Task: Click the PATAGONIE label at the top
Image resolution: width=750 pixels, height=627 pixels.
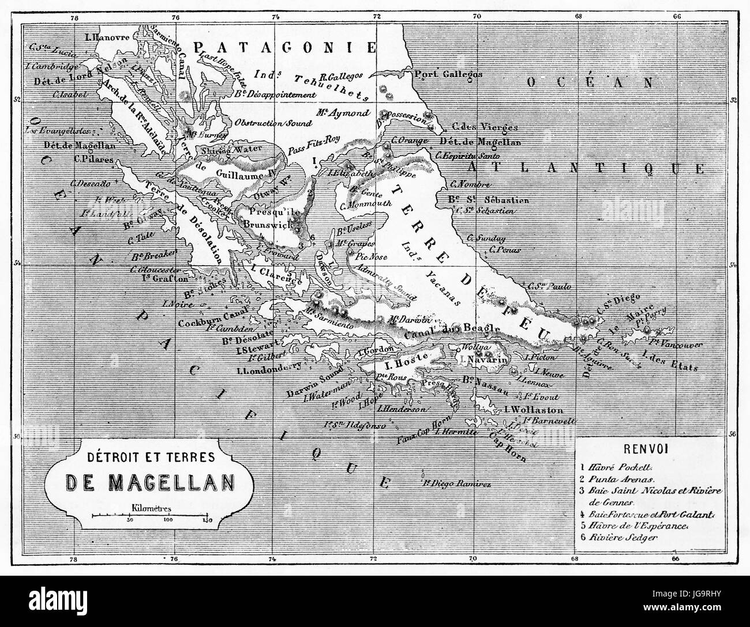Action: coord(285,48)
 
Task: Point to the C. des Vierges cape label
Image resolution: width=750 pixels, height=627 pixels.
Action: coord(485,127)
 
